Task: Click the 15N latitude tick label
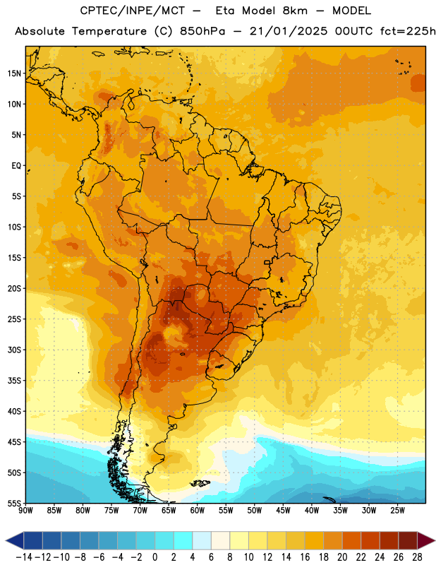point(14,73)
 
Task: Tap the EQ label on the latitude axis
point(16,166)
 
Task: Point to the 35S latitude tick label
point(14,381)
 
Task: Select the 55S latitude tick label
point(14,504)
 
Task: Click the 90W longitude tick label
point(25,511)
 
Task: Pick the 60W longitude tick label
point(198,511)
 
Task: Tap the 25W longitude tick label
point(397,511)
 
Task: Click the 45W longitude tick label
point(283,511)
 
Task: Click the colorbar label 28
point(417,557)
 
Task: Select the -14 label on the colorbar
point(24,557)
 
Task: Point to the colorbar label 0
point(155,557)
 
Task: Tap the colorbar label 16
point(305,557)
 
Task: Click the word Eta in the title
point(225,11)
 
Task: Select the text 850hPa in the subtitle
point(202,31)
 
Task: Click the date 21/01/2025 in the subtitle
point(289,31)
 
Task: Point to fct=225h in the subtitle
point(408,31)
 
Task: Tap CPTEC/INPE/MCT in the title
point(133,11)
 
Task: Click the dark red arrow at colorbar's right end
point(426,540)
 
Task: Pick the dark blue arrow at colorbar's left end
point(15,540)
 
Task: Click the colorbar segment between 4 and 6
point(202,540)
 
